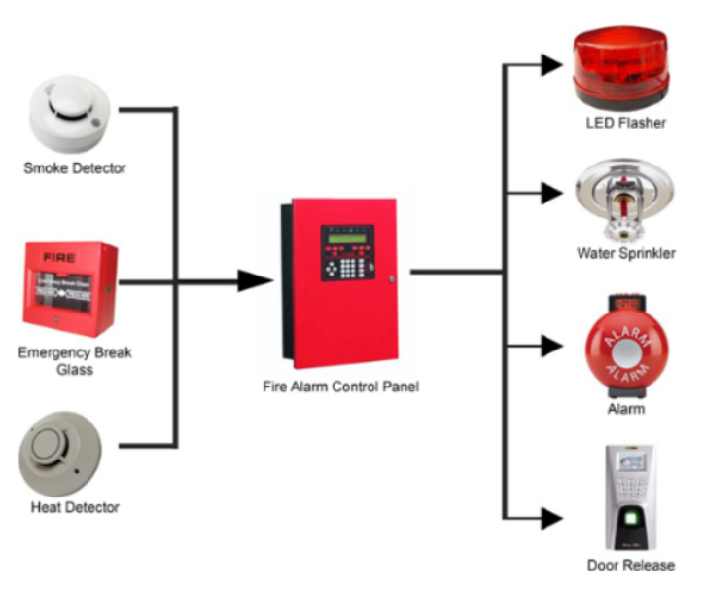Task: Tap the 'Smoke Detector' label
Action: [x=75, y=168]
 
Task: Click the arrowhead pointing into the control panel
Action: [x=254, y=281]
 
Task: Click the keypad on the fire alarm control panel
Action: [x=347, y=264]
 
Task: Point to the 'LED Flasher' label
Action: [x=625, y=124]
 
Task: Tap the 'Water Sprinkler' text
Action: [x=625, y=254]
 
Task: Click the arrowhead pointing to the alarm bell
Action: [x=550, y=345]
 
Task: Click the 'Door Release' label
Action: [x=630, y=566]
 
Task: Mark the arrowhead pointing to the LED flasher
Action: [x=550, y=65]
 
